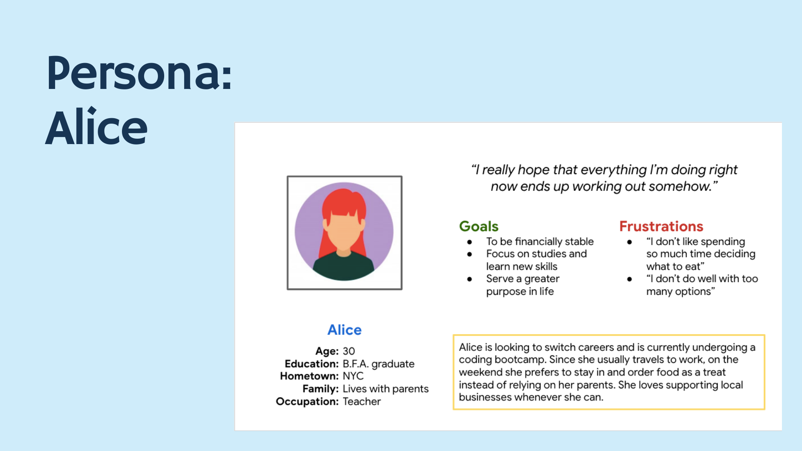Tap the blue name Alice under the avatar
click(344, 330)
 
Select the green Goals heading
click(479, 226)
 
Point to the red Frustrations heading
click(661, 226)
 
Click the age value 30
click(349, 351)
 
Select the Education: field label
click(312, 364)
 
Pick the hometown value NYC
click(353, 376)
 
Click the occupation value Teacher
click(362, 401)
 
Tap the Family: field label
click(320, 389)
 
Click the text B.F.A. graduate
click(378, 364)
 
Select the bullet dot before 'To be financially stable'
click(470, 242)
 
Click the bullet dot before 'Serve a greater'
click(470, 279)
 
